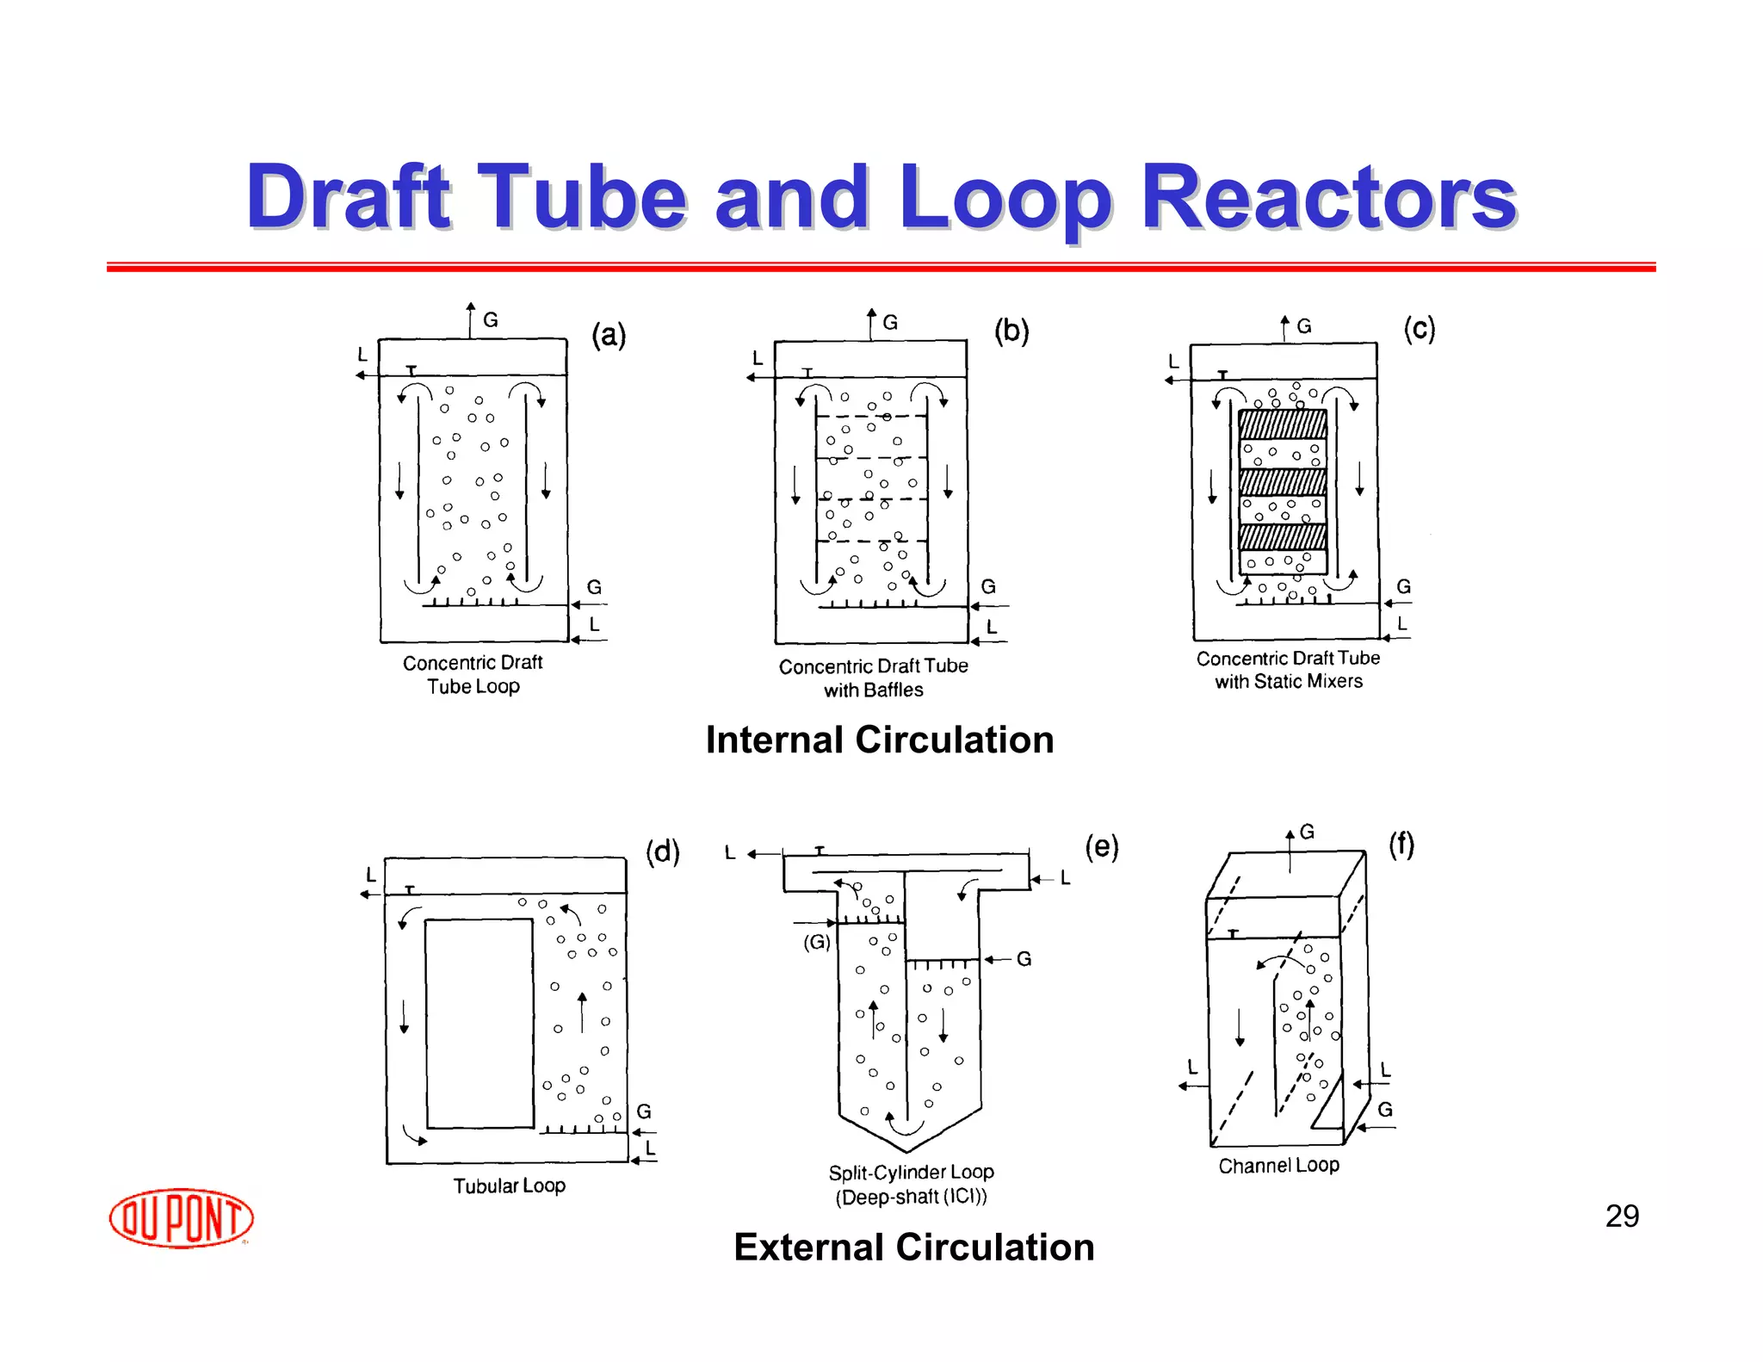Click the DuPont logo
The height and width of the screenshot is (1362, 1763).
click(x=181, y=1217)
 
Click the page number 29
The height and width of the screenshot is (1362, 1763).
click(x=1622, y=1216)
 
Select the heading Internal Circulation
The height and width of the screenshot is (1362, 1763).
click(x=879, y=740)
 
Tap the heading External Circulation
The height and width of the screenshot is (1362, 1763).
click(x=913, y=1247)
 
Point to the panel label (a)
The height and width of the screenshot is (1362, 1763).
click(x=609, y=334)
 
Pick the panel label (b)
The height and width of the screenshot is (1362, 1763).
click(x=1011, y=331)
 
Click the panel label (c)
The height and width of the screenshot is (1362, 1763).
click(x=1420, y=328)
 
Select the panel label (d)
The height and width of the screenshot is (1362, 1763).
click(x=663, y=851)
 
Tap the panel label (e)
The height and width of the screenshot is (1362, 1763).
click(x=1102, y=846)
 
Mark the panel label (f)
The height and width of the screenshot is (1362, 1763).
click(x=1401, y=844)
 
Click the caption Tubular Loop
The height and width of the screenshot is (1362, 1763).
click(x=510, y=1186)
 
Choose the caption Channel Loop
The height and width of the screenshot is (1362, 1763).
click(x=1278, y=1165)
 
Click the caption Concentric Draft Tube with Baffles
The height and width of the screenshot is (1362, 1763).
click(x=873, y=678)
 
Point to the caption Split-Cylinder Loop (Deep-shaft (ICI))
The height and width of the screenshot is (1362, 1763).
click(x=911, y=1184)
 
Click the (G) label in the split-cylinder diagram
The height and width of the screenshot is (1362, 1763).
click(x=817, y=942)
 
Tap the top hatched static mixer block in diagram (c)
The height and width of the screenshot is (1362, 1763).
click(x=1282, y=424)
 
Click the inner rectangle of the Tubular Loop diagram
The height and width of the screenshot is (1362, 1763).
click(x=479, y=1024)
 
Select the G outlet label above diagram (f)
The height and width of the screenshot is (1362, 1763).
click(x=1307, y=832)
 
